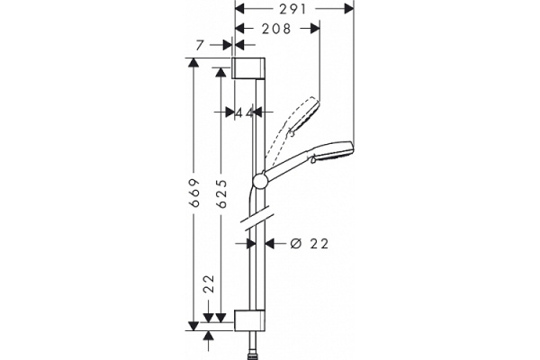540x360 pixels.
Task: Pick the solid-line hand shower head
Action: coord(334,154)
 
